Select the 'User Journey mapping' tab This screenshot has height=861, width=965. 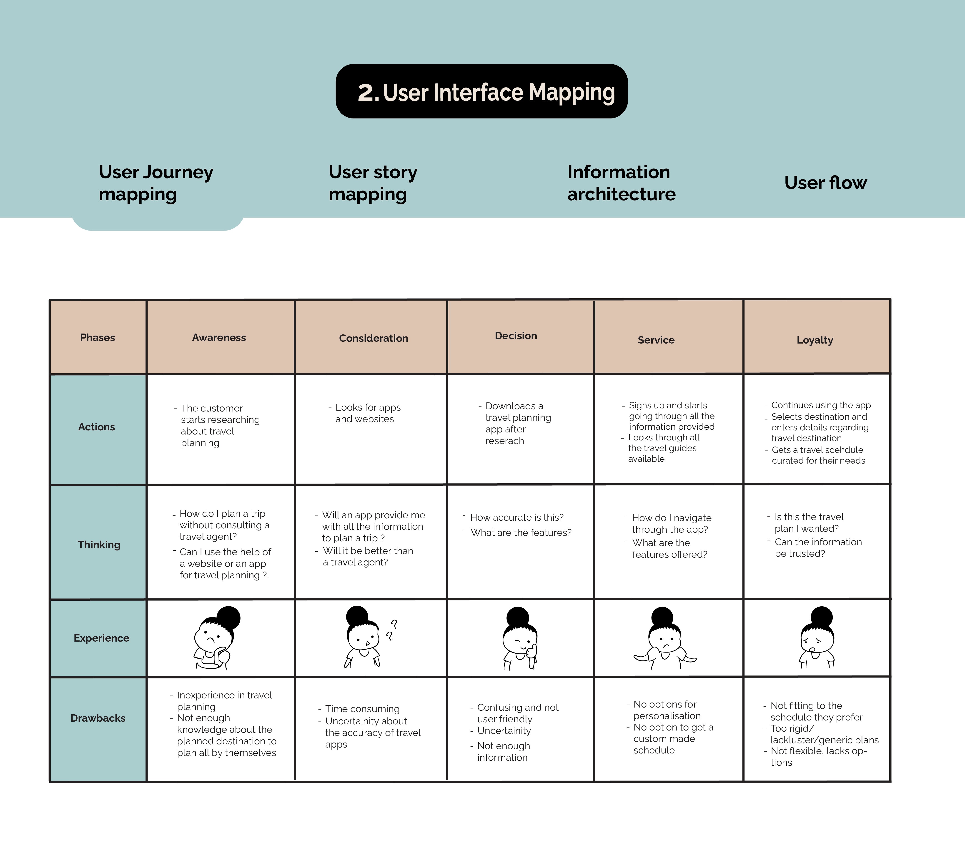[x=156, y=183]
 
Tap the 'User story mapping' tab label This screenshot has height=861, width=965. [x=373, y=183]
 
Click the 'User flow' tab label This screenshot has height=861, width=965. [x=825, y=183]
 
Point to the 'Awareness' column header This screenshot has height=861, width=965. [x=219, y=337]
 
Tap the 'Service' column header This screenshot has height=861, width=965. [x=656, y=340]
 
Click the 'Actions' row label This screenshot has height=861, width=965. [x=96, y=427]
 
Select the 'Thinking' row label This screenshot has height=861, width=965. [x=99, y=545]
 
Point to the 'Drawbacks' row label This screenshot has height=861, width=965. [x=98, y=718]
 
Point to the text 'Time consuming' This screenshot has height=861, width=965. [x=362, y=709]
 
